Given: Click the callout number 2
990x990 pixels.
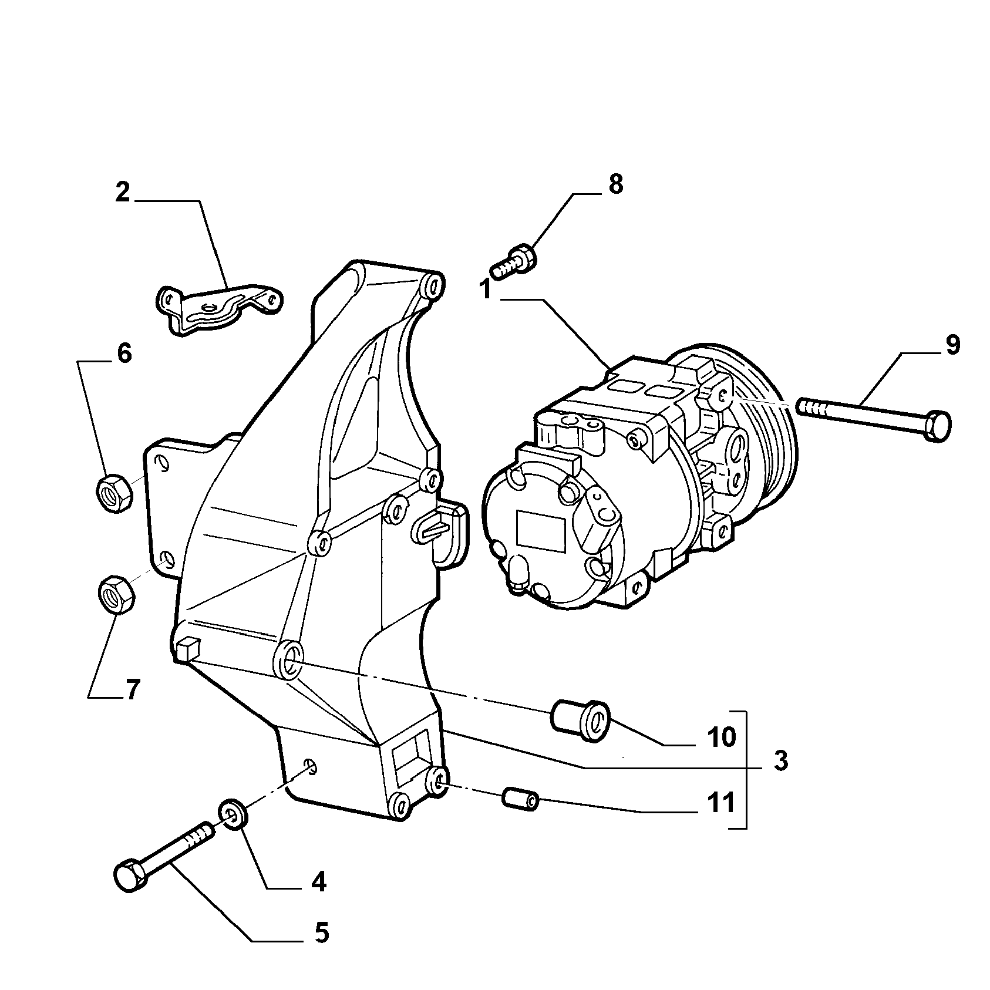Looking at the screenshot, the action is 123,193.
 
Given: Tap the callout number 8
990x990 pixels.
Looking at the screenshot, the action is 615,184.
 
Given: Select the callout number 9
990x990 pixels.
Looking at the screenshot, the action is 952,345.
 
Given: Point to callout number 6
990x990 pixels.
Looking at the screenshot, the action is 124,353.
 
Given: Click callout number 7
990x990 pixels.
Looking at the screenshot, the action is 132,689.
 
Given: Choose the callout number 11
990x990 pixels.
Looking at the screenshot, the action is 721,802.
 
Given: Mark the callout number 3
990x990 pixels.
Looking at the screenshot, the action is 780,761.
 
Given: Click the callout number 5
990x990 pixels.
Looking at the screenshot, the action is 321,932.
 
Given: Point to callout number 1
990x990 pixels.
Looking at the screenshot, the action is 486,289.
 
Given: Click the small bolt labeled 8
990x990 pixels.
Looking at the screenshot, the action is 514,263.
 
